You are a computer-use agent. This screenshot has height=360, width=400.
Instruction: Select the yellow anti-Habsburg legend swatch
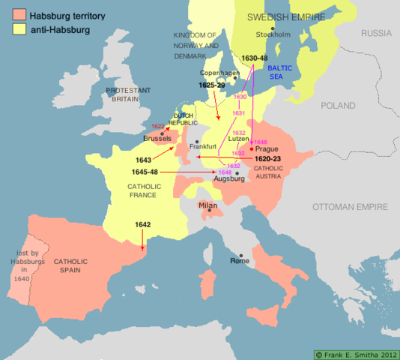click(x=13, y=30)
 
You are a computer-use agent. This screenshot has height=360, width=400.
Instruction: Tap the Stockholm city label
click(x=272, y=35)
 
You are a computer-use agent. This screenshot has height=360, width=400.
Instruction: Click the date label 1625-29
click(x=211, y=85)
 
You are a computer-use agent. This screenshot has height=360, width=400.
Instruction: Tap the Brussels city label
click(x=158, y=139)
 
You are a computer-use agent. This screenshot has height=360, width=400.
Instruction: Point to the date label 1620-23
click(x=267, y=160)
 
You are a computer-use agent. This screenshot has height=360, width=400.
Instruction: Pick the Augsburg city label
click(x=229, y=180)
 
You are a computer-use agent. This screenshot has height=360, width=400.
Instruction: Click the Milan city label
click(x=210, y=205)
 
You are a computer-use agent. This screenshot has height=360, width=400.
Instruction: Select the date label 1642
click(x=144, y=225)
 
